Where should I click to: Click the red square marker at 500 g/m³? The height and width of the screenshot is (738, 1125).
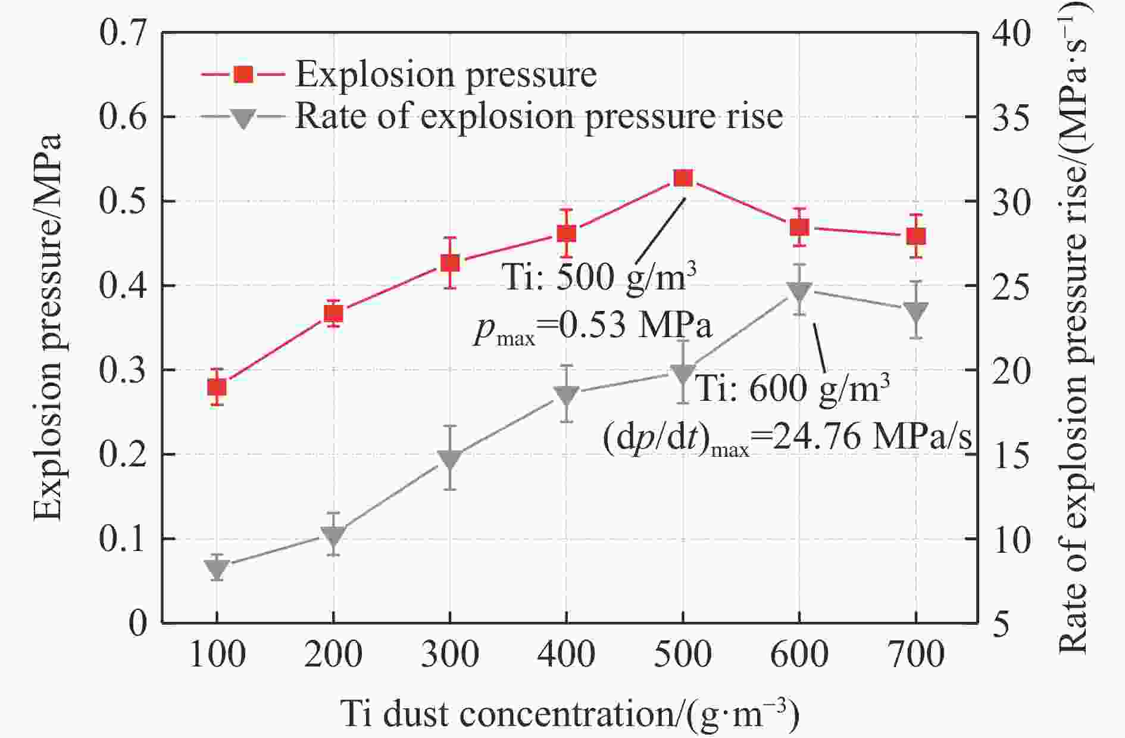coord(683,178)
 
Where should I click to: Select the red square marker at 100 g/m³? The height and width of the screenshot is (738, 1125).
coord(217,388)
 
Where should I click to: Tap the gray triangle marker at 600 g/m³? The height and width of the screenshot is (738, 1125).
coord(799,291)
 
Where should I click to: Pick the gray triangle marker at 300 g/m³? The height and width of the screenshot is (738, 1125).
coord(450,459)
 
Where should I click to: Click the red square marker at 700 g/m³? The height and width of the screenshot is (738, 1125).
coord(916,236)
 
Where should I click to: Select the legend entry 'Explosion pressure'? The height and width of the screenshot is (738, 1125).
coord(445,75)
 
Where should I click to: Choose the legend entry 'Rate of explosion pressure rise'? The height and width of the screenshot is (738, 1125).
coord(538,116)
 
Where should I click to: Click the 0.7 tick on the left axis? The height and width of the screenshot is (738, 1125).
coord(123,33)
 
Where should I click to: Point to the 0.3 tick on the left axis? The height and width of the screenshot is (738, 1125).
coord(123,370)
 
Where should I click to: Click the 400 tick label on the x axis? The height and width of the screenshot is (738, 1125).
coord(566,654)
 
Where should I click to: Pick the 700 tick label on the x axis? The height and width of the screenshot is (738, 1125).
coord(916,654)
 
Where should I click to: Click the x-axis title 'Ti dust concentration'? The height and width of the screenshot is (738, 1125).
coord(570,713)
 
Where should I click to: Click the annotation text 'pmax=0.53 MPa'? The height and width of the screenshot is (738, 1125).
coord(593,327)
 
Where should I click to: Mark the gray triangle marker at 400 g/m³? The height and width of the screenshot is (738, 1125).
coord(566,395)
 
